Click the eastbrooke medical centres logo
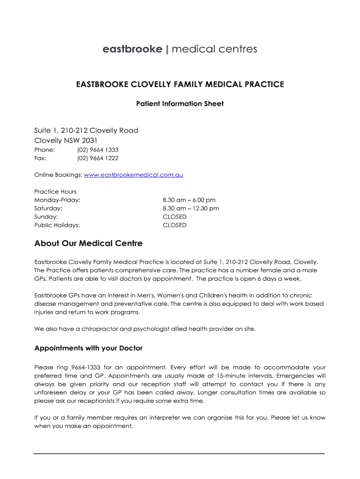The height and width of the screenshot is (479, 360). pos(180,49)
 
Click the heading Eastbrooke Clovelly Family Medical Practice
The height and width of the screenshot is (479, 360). pos(180,84)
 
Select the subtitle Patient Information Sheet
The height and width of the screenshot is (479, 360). pos(180,103)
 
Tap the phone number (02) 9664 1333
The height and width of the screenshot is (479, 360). pos(98,150)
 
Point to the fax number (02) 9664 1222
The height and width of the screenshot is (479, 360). pos(98,158)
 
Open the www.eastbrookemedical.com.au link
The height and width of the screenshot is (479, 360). pos(133,175)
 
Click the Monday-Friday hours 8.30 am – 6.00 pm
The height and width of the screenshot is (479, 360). pos(189,200)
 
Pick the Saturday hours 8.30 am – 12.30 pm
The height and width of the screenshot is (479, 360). pos(191,208)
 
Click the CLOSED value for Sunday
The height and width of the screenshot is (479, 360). pos(174,217)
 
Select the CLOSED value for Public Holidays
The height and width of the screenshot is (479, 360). pos(174,225)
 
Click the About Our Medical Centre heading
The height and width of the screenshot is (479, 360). pos(88,243)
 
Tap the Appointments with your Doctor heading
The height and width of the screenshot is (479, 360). pos(88,348)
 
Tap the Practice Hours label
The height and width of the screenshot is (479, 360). pos(55,191)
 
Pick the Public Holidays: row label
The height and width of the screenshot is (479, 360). pos(57,225)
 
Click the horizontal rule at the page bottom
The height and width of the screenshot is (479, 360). pos(180,453)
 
